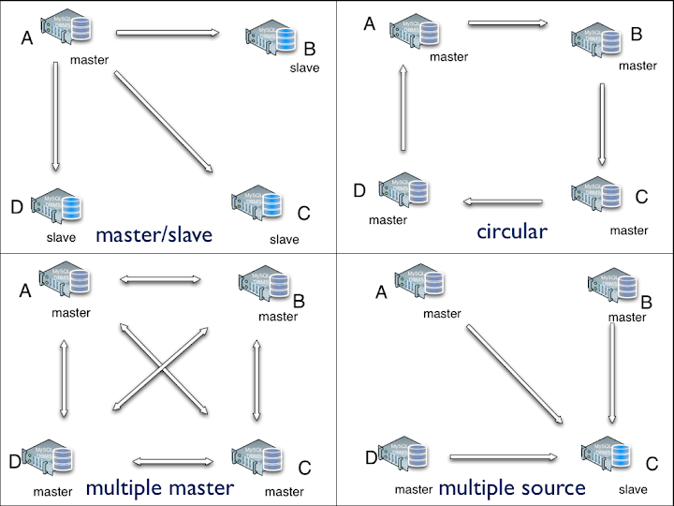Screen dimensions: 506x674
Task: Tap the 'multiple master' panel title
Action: pyautogui.click(x=159, y=487)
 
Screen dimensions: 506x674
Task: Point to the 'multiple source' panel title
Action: pyautogui.click(x=512, y=487)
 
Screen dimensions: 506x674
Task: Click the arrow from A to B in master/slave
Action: pyautogui.click(x=168, y=35)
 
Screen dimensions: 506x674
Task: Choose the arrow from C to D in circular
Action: pyautogui.click(x=504, y=201)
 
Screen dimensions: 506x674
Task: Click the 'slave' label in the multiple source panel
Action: pyautogui.click(x=633, y=489)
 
